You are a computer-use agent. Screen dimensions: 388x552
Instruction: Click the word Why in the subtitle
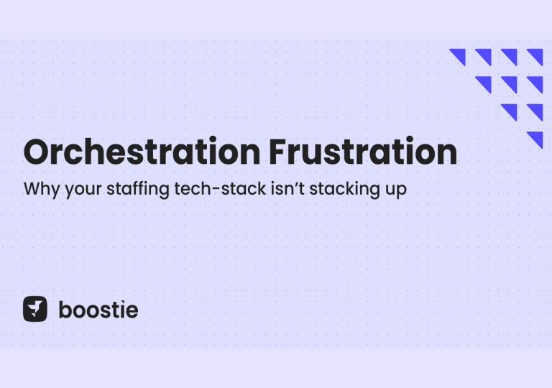41,190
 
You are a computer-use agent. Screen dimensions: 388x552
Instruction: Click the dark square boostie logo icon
34,309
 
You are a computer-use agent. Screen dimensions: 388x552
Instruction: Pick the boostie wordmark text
98,310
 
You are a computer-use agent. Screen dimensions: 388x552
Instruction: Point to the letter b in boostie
64,310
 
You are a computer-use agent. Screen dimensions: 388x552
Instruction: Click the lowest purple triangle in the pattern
535,139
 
